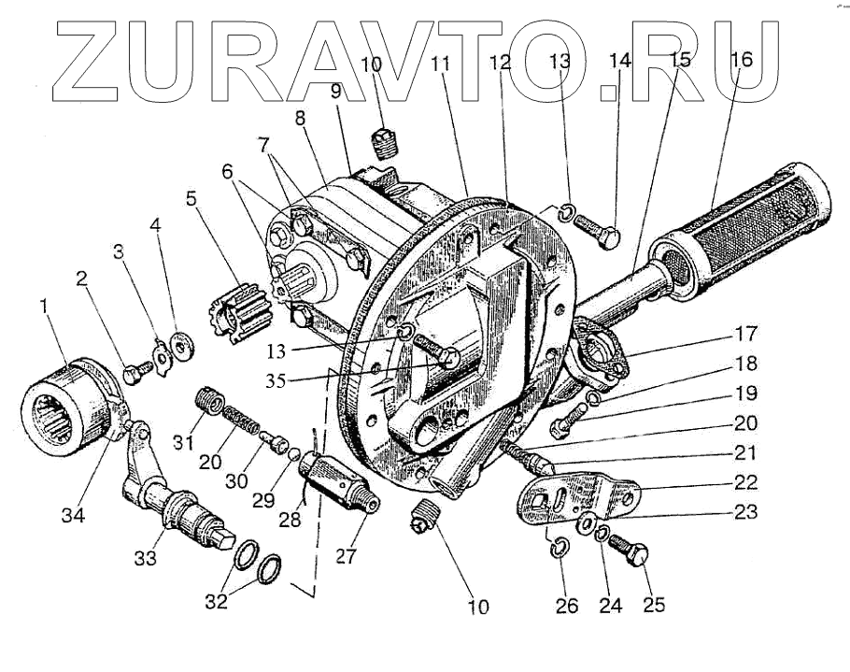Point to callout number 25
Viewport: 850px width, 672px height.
(654, 605)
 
